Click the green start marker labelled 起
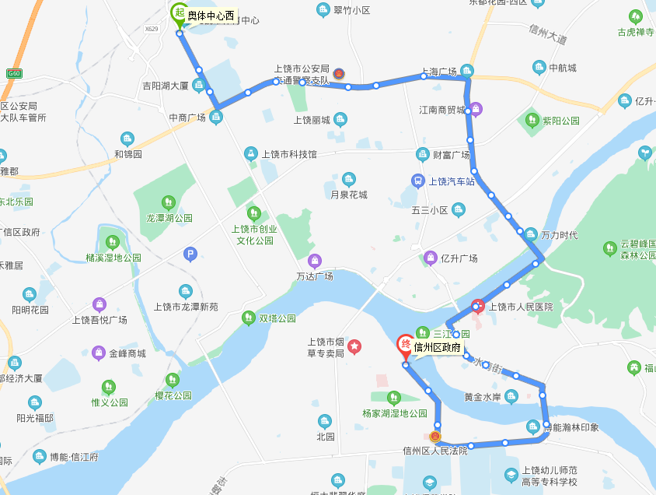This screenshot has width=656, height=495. (180, 13)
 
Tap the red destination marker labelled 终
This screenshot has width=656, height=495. (405, 344)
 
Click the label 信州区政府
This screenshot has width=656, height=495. (438, 347)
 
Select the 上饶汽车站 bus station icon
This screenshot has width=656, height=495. (417, 181)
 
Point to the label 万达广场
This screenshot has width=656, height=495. (315, 276)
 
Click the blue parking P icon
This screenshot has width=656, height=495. (190, 254)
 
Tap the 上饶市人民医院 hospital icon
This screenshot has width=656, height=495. (478, 306)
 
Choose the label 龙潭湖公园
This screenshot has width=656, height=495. (169, 219)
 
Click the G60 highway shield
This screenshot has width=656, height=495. (12, 73)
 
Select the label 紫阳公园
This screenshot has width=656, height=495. (560, 121)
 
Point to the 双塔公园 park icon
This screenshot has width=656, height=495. (248, 318)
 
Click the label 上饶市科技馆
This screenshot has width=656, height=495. (289, 154)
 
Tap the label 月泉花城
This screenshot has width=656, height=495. (348, 195)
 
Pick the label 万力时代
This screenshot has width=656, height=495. (559, 235)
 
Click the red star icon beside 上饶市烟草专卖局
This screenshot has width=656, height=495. (354, 346)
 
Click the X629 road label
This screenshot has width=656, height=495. (151, 30)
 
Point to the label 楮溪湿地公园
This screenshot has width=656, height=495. (113, 258)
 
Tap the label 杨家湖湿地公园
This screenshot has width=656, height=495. (395, 413)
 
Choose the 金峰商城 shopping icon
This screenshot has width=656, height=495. (99, 353)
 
